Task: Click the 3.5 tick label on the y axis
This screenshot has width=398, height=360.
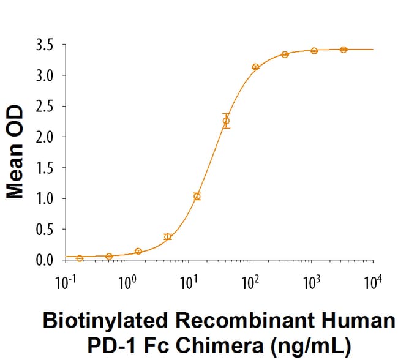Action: coord(47,45)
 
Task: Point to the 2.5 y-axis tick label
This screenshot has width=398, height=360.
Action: coord(47,107)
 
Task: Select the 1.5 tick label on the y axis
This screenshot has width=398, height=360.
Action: coord(47,168)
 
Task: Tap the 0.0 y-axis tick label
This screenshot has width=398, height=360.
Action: coord(47,260)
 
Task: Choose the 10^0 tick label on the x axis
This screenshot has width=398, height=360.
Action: coord(127,282)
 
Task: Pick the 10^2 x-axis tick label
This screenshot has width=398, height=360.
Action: coord(249,282)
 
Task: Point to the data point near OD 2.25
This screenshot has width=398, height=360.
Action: coord(226,121)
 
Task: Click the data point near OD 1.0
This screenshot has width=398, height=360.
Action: coord(197,197)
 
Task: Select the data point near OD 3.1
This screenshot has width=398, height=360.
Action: coord(255,67)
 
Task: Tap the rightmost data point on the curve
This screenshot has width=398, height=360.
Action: coord(344,50)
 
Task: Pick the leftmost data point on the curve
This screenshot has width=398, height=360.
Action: coord(80,258)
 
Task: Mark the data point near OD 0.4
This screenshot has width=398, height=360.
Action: coord(168,236)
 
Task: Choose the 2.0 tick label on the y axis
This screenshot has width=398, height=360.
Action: coord(47,137)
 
